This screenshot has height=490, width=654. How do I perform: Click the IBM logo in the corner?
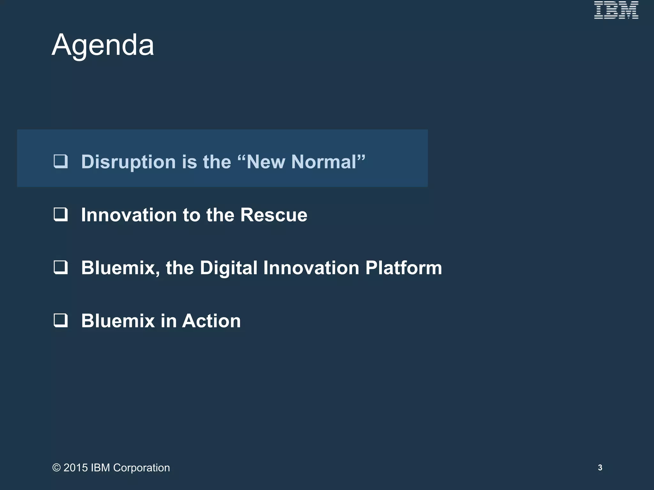pyautogui.click(x=616, y=10)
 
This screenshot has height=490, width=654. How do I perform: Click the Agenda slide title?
pyautogui.click(x=103, y=45)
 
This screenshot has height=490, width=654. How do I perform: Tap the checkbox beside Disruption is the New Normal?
pyautogui.click(x=61, y=161)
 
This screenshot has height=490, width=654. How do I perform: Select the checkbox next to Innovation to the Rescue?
pyautogui.click(x=61, y=214)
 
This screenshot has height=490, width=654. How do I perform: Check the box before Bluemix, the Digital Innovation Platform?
pyautogui.click(x=61, y=267)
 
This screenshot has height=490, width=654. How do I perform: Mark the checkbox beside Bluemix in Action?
pyautogui.click(x=61, y=320)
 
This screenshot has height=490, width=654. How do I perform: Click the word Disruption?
pyautogui.click(x=128, y=162)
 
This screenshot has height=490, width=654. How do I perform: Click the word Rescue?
pyautogui.click(x=274, y=215)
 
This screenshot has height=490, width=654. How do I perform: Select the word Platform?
pyautogui.click(x=404, y=268)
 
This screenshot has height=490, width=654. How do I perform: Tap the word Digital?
pyautogui.click(x=228, y=268)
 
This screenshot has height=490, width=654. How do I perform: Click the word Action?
pyautogui.click(x=211, y=321)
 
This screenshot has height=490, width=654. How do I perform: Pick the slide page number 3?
pyautogui.click(x=600, y=467)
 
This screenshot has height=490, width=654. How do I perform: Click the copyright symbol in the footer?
pyautogui.click(x=57, y=468)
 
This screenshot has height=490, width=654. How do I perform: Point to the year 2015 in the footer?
pyautogui.click(x=76, y=468)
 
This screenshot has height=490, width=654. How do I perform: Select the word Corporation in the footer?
pyautogui.click(x=141, y=468)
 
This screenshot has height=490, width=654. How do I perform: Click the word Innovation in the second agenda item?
pyautogui.click(x=129, y=215)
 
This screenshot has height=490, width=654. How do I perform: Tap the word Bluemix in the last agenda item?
pyautogui.click(x=118, y=321)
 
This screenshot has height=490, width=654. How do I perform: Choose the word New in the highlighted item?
pyautogui.click(x=266, y=162)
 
